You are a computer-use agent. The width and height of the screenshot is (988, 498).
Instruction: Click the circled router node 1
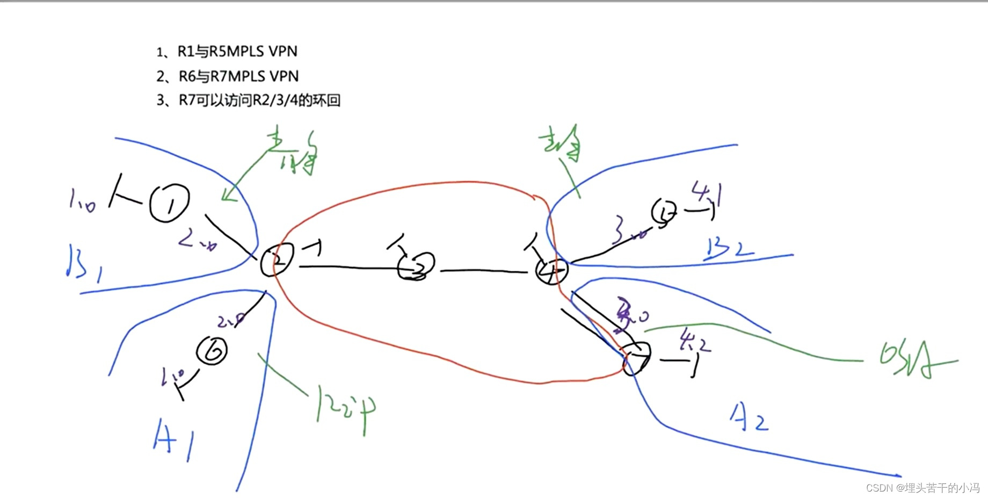point(169,203)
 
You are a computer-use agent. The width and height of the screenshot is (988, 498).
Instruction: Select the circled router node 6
point(212,351)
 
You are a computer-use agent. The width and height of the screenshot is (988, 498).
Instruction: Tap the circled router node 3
point(416,266)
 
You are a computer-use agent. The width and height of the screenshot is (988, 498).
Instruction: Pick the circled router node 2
point(277,259)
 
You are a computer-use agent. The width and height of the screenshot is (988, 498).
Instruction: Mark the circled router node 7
point(637,358)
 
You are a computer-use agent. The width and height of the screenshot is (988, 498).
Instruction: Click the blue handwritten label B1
point(83,263)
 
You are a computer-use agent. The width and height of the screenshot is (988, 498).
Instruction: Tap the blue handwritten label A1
point(173,440)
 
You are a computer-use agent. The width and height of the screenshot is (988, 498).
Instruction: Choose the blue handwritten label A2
point(749,418)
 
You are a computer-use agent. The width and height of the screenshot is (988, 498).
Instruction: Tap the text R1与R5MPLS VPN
point(227,52)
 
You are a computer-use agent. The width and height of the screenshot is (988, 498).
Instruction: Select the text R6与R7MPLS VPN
point(227,76)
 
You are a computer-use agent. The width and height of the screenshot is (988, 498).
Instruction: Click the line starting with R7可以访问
point(248,100)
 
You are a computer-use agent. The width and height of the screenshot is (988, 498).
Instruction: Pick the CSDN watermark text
point(922,488)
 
